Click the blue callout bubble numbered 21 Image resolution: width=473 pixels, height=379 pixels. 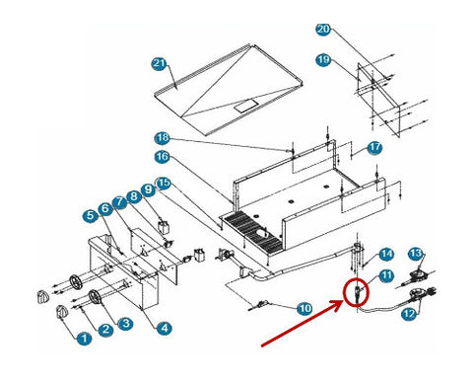pyautogui.click(x=160, y=63)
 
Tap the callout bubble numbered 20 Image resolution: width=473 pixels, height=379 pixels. pyautogui.click(x=323, y=30)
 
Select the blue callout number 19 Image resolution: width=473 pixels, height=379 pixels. pyautogui.click(x=323, y=60)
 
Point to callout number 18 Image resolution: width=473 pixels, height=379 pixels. pyautogui.click(x=163, y=138)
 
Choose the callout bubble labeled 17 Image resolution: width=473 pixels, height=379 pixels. pyautogui.click(x=374, y=148)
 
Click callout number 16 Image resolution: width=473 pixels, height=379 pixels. pyautogui.click(x=163, y=157)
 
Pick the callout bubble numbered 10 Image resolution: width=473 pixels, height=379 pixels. pyautogui.click(x=304, y=309)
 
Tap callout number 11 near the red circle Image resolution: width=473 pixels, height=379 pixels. pyautogui.click(x=386, y=275)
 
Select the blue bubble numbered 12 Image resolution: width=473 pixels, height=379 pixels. pyautogui.click(x=409, y=314)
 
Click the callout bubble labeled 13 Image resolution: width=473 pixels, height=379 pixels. pyautogui.click(x=416, y=254)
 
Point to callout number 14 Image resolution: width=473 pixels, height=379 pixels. pyautogui.click(x=386, y=255)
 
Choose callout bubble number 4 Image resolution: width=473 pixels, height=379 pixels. pyautogui.click(x=165, y=328)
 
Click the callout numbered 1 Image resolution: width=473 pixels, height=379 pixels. pyautogui.click(x=85, y=339)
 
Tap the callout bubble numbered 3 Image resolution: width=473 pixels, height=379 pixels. pyautogui.click(x=125, y=324)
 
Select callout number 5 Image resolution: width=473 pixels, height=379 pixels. pyautogui.click(x=91, y=216)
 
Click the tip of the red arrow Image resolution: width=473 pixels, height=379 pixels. pyautogui.click(x=343, y=301)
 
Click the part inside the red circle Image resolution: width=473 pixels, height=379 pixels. pyautogui.click(x=357, y=293)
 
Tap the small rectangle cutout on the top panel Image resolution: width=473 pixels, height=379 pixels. pyautogui.click(x=244, y=107)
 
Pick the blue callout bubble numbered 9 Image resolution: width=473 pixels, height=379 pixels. pyautogui.click(x=149, y=190)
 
